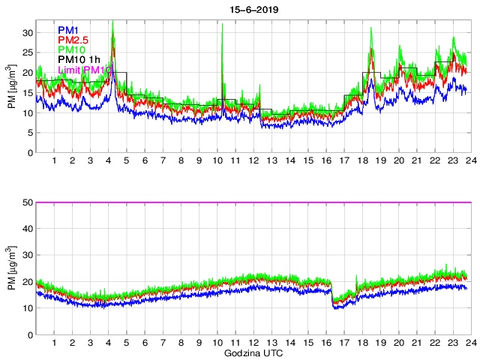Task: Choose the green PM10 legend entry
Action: [x=71, y=49]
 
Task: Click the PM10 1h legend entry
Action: [x=79, y=60]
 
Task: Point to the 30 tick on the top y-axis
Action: [x=28, y=33]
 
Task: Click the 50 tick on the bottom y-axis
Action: [x=28, y=202]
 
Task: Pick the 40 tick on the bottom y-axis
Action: [x=28, y=229]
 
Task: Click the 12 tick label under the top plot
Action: [x=253, y=160]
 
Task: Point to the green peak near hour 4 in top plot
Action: [x=112, y=22]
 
